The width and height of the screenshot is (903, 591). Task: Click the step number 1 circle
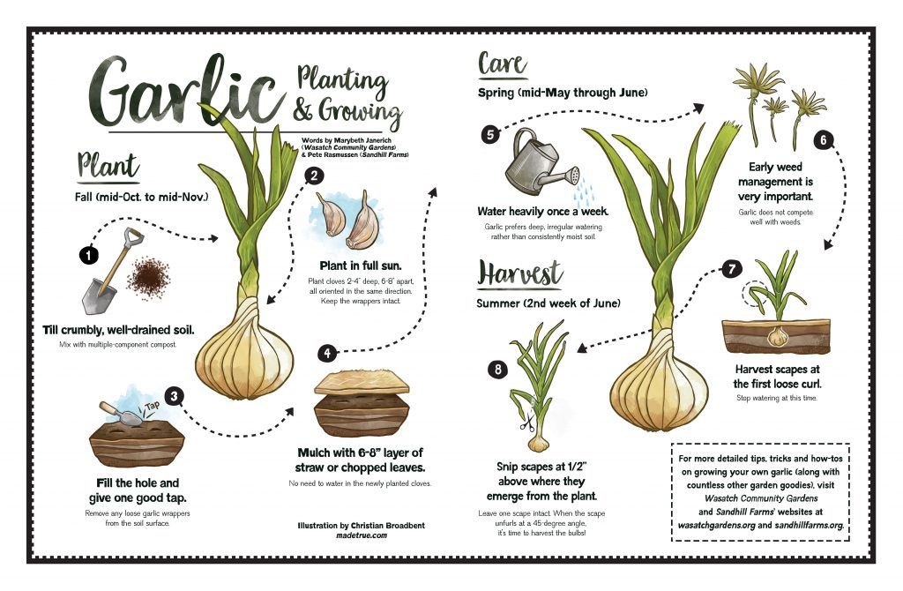pyautogui.click(x=89, y=255)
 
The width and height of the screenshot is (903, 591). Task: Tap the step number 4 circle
pyautogui.click(x=327, y=353)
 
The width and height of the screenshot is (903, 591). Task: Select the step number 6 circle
pyautogui.click(x=823, y=140)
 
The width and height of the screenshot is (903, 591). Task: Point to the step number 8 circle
pyautogui.click(x=497, y=370)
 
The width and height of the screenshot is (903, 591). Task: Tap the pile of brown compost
pyautogui.click(x=148, y=278)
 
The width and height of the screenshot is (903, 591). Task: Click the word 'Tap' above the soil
pyautogui.click(x=153, y=406)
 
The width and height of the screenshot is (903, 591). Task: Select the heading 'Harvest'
pyautogui.click(x=519, y=273)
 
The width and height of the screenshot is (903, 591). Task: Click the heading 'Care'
pyautogui.click(x=502, y=64)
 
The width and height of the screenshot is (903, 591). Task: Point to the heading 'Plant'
pyautogui.click(x=108, y=166)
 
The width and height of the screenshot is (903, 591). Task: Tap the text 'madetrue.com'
pyautogui.click(x=361, y=535)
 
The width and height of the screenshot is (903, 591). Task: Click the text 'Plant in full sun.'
pyautogui.click(x=361, y=266)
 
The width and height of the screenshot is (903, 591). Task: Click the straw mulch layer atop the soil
pyautogui.click(x=362, y=382)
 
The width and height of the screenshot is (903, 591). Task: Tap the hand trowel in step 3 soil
pyautogui.click(x=121, y=413)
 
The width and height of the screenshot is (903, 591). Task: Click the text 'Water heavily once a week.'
pyautogui.click(x=542, y=212)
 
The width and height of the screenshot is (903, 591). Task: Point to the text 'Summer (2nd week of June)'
pyautogui.click(x=549, y=303)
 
